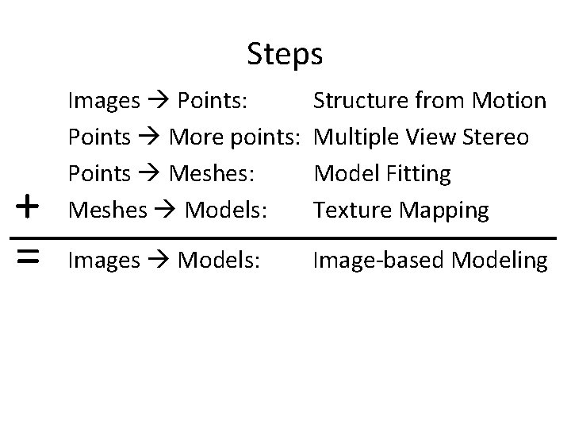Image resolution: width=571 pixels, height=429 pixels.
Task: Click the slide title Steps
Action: click(285, 55)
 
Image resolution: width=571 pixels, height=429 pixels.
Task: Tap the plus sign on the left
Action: click(28, 207)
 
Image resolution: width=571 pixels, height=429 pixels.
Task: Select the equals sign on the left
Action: click(28, 256)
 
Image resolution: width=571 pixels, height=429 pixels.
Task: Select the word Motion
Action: click(508, 102)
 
